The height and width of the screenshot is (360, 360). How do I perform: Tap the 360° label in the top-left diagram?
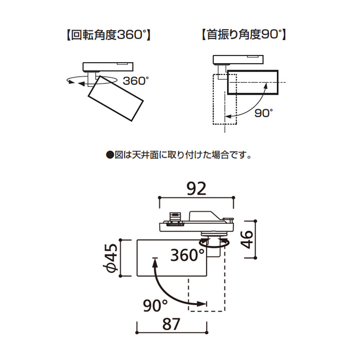136,81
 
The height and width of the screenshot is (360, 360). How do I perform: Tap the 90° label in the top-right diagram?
264,113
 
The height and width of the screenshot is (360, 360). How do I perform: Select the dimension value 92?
196,188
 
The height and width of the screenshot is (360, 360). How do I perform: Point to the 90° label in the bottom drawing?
156,306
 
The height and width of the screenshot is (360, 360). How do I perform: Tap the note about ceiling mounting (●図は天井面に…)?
178,154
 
